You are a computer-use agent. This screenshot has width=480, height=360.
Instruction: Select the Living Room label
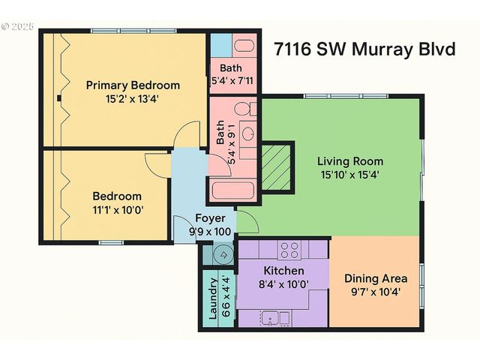pyautogui.click(x=349, y=160)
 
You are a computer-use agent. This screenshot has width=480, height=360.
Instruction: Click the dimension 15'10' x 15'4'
pyautogui.click(x=349, y=175)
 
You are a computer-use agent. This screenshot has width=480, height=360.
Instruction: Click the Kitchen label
pyautogui.click(x=283, y=270)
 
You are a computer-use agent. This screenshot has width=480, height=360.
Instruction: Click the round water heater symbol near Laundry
pyautogui.click(x=222, y=255)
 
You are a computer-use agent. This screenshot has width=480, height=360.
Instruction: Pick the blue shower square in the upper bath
pyautogui.click(x=221, y=44)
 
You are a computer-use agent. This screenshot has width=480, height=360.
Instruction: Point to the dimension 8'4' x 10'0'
pyautogui.click(x=283, y=283)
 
